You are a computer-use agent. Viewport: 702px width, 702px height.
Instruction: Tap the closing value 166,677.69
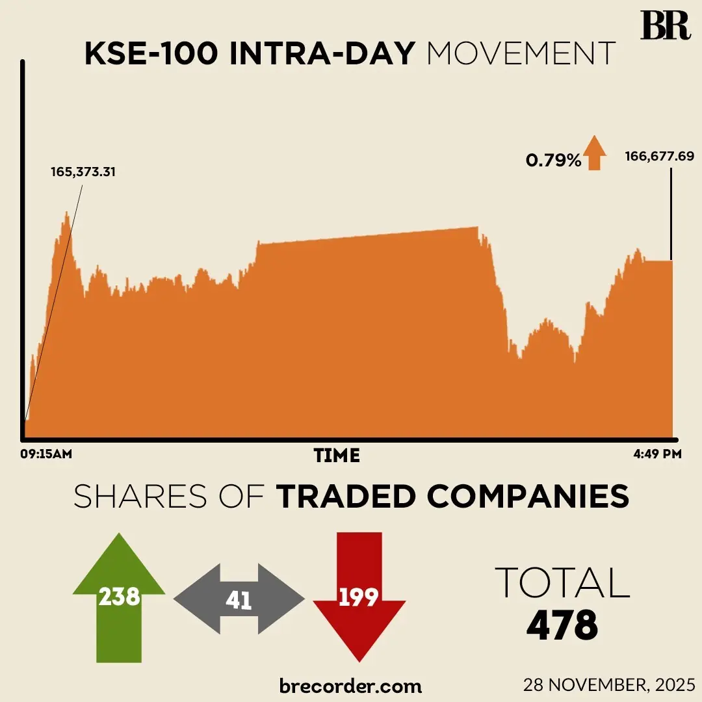point(660,156)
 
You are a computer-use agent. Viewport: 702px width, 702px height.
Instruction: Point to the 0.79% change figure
point(553,160)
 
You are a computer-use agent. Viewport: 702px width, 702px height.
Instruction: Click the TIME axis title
point(337,456)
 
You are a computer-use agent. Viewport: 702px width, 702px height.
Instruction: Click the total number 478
point(562,626)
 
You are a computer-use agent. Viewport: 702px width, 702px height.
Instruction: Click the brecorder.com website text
point(350,685)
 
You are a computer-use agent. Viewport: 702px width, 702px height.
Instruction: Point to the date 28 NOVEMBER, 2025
point(610,685)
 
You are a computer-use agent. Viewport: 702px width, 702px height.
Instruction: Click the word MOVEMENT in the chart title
point(521,54)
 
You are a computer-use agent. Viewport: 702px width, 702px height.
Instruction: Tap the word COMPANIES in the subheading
point(528,497)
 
